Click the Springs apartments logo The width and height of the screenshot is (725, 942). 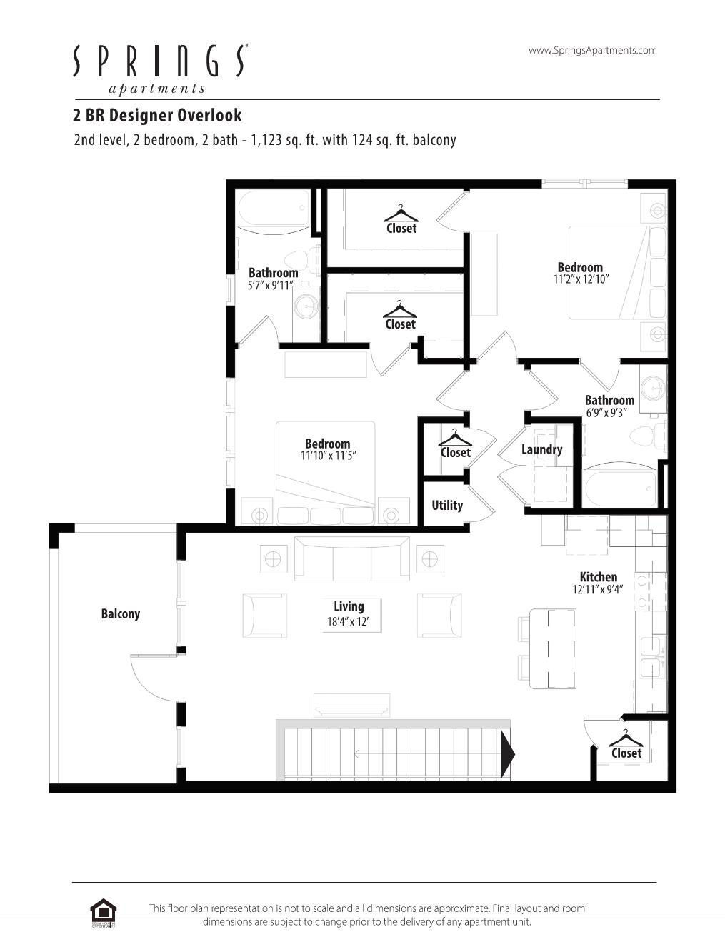[159, 68]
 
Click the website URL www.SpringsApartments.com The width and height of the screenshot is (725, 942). [592, 50]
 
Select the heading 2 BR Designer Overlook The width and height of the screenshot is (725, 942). [157, 115]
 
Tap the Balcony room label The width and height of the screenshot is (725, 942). [120, 614]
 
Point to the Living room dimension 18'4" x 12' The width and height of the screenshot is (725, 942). [348, 622]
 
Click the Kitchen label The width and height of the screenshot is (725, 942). [598, 577]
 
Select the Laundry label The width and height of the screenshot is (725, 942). [541, 449]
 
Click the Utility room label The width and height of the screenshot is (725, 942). [447, 506]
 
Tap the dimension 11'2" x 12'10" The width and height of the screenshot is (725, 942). [581, 280]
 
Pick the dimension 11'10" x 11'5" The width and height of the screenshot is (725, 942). [328, 456]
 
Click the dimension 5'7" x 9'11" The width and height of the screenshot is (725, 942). [271, 285]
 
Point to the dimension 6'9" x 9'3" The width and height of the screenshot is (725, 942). [606, 413]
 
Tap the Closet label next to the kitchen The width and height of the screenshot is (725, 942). [626, 753]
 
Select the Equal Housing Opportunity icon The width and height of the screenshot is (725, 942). [103, 913]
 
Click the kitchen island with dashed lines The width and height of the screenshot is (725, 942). [552, 648]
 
